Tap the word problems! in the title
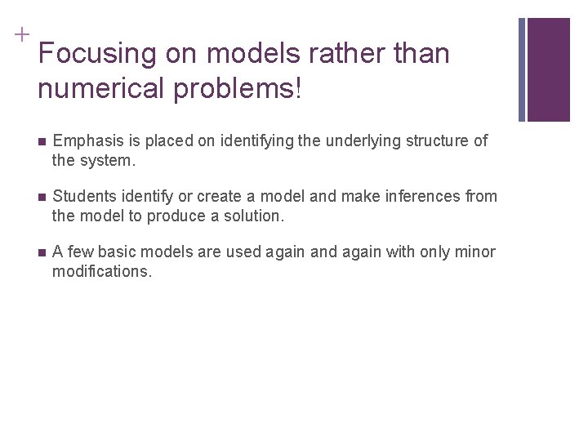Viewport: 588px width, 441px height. tap(249, 88)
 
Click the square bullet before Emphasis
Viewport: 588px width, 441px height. tap(42, 141)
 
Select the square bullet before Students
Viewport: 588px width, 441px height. tap(42, 197)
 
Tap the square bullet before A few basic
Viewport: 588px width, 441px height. tap(42, 252)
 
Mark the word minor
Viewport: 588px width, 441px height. tap(476, 252)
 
